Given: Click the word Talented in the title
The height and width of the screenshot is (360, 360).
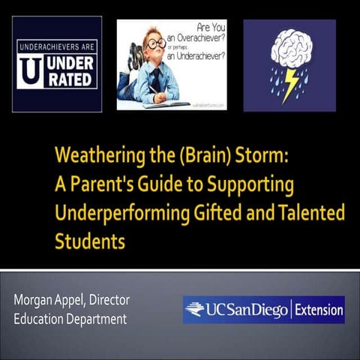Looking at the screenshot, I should click(309, 213).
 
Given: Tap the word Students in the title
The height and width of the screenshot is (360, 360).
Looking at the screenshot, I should click(88, 241).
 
